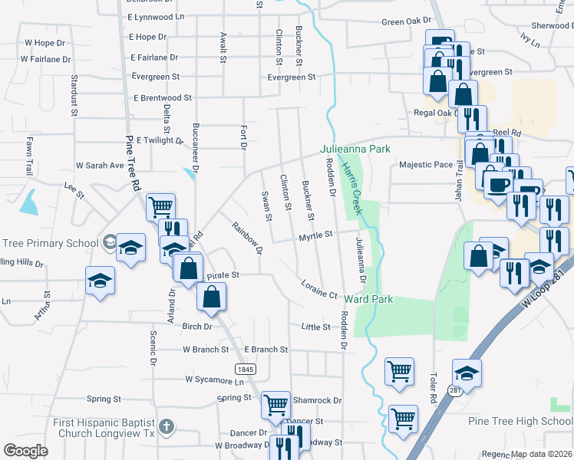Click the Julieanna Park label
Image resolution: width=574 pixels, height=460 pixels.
click(355, 149)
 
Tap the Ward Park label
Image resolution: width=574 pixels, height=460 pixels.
click(368, 298)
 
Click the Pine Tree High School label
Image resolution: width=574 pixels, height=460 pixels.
click(520, 421)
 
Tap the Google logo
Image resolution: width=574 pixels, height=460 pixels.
click(25, 451)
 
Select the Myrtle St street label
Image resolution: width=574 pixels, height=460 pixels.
click(315, 235)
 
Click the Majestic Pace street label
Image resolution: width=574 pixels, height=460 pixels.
click(426, 165)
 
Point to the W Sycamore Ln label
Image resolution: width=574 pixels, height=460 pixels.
click(214, 380)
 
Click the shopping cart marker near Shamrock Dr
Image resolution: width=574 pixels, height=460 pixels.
click(275, 404)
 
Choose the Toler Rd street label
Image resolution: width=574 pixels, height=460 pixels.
click(433, 389)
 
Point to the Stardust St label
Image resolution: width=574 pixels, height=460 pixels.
click(74, 95)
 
